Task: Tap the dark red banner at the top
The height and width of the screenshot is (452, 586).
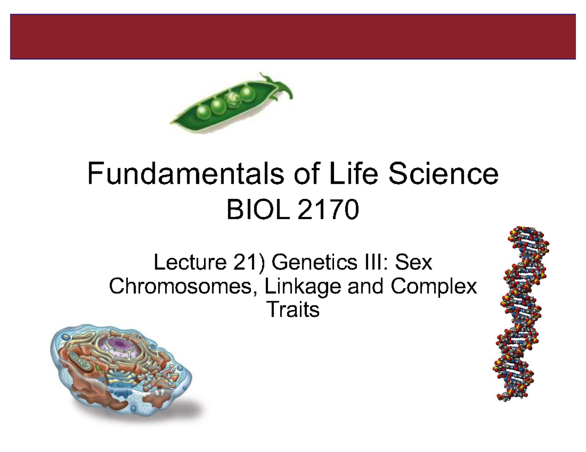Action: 293,37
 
